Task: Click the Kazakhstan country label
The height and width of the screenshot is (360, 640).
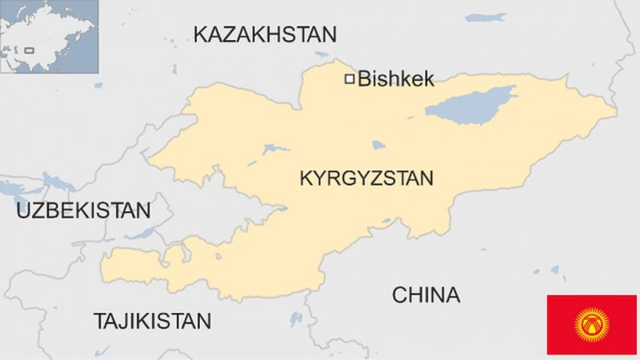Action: point(265,34)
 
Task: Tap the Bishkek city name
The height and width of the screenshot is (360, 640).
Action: point(396,78)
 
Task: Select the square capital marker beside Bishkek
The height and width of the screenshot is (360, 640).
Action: point(349,78)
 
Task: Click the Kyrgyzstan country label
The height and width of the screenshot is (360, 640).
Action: point(366,178)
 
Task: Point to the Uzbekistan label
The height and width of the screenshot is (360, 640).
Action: point(83,211)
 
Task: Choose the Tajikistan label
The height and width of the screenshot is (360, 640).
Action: point(153,322)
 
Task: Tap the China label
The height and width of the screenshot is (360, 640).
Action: point(426,295)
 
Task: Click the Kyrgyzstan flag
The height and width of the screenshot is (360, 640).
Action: point(591,324)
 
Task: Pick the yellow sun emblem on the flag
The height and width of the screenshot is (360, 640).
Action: point(591,324)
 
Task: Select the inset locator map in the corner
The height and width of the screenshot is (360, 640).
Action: point(49,37)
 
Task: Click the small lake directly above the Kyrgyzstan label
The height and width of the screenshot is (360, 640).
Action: point(378,146)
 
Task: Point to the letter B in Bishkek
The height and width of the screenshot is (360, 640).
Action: point(365,78)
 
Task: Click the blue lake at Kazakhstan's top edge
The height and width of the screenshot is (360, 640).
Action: point(486,16)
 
